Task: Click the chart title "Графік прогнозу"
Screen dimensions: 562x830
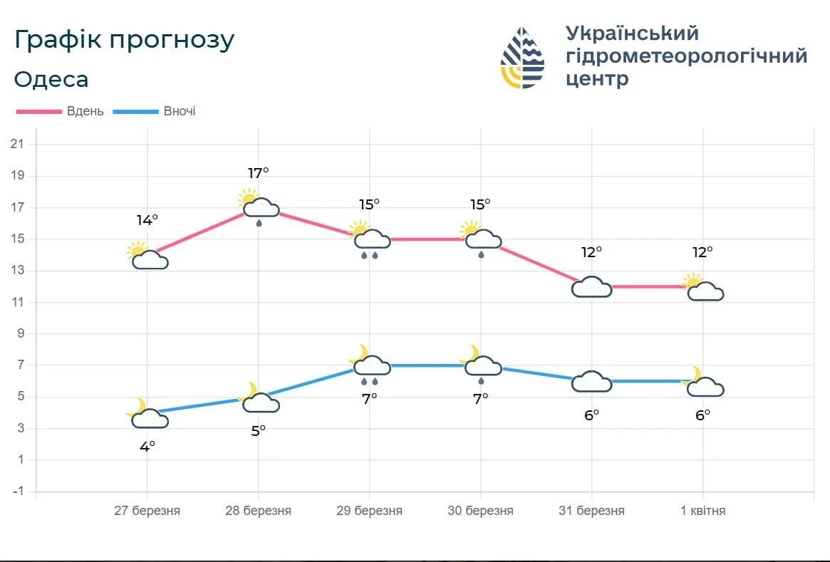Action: click(x=124, y=41)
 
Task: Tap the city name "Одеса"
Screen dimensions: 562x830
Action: click(x=51, y=79)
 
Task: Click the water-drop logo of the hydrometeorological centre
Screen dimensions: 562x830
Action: click(x=522, y=58)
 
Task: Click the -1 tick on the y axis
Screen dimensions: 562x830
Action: click(x=17, y=491)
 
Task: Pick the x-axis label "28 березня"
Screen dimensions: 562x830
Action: click(x=258, y=511)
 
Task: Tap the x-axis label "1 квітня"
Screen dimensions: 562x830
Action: click(x=702, y=511)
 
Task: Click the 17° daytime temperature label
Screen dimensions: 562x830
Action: click(x=259, y=173)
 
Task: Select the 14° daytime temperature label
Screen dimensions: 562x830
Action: click(x=147, y=220)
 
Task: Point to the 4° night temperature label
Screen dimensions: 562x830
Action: click(x=147, y=447)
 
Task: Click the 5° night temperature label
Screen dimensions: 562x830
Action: click(x=258, y=430)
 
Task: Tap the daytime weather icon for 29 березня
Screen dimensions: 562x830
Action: click(x=369, y=238)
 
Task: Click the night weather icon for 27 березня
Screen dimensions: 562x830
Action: click(x=147, y=415)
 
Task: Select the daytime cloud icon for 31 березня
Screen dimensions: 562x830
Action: click(x=591, y=286)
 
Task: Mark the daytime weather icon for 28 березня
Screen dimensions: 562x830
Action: click(x=259, y=206)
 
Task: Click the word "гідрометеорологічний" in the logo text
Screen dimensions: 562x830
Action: click(x=686, y=56)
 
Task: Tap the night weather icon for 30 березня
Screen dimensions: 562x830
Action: click(x=481, y=362)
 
